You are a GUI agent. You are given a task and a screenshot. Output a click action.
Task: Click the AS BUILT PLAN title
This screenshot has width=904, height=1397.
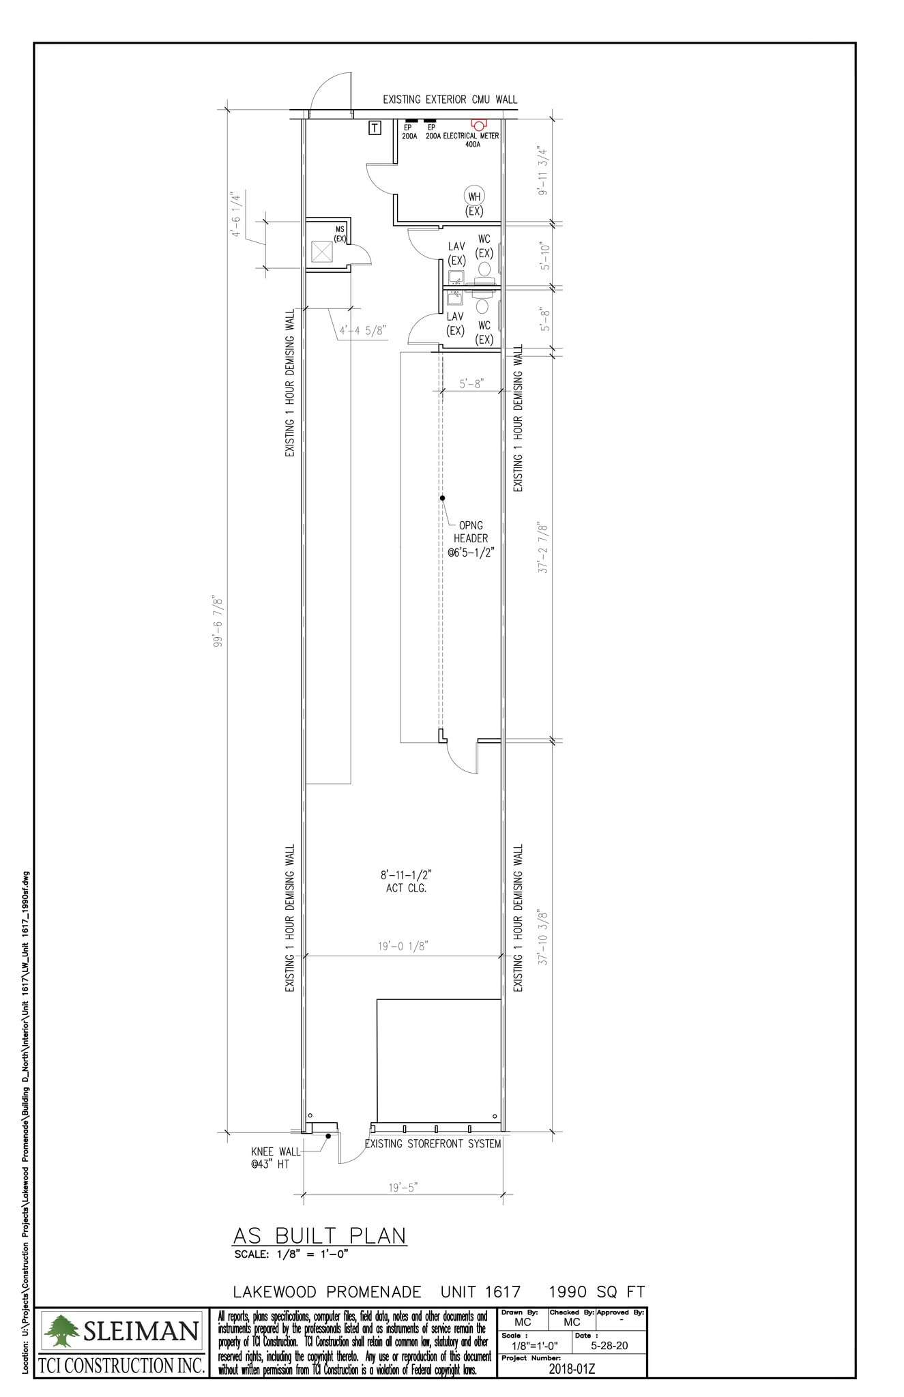pos(319,1235)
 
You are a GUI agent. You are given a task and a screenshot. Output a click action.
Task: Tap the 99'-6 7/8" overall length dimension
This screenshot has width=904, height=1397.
pos(218,621)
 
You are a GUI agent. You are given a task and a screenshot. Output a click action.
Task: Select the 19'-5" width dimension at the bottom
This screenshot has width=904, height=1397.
pos(403,1188)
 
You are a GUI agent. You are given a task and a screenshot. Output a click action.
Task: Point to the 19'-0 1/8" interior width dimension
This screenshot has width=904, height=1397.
pos(403,946)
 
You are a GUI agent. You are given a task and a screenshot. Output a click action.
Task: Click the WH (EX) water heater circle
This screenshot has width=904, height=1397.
pos(474,196)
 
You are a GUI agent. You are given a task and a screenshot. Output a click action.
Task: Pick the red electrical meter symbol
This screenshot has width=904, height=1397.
pos(478,124)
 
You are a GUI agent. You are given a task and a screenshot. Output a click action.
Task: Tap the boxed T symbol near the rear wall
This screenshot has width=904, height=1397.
pos(375,128)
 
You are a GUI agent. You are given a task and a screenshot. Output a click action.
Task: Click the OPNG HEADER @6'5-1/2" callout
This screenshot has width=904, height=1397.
pos(471,538)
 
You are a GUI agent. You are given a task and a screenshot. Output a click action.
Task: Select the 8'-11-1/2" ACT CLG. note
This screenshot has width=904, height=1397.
pos(406,881)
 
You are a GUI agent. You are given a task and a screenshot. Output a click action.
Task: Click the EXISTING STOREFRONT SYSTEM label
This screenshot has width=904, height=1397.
pos(433,1144)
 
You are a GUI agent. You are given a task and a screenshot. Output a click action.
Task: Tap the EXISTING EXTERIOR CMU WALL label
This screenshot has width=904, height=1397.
pos(450,100)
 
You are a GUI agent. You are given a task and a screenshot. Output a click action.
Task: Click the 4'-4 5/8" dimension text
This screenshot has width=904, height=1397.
pos(363,331)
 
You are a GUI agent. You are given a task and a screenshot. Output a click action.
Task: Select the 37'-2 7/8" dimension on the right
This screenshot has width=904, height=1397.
pos(544,547)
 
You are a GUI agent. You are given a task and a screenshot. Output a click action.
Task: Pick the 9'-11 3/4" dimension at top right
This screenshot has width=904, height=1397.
pos(542,171)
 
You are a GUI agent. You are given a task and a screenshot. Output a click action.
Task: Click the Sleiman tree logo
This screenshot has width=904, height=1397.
pos(61,1331)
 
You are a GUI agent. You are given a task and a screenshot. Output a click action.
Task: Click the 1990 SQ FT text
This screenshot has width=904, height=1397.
pos(597,1292)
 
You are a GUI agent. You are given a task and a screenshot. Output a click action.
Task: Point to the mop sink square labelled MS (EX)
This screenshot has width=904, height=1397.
pos(321,252)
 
